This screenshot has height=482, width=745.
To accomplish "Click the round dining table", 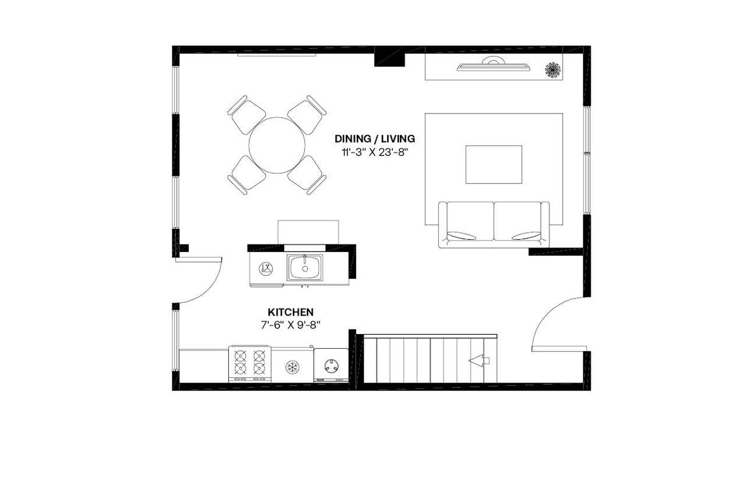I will click(277, 145).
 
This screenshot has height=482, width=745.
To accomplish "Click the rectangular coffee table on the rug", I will click(494, 164).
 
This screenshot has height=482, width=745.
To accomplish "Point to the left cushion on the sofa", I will click(466, 221).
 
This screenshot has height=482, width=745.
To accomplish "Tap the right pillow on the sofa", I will click(526, 236).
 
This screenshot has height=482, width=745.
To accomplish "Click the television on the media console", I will click(494, 66).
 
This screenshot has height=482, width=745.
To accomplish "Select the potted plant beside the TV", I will click(552, 70).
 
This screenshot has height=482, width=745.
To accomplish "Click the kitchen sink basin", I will click(304, 268).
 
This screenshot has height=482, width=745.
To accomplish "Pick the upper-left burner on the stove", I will click(240, 356).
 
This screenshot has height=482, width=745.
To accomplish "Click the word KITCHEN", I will click(290, 313).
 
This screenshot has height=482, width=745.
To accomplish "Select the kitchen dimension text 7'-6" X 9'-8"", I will click(290, 325).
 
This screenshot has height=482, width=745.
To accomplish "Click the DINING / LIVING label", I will click(374, 139).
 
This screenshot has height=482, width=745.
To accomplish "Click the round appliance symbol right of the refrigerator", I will click(331, 366).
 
